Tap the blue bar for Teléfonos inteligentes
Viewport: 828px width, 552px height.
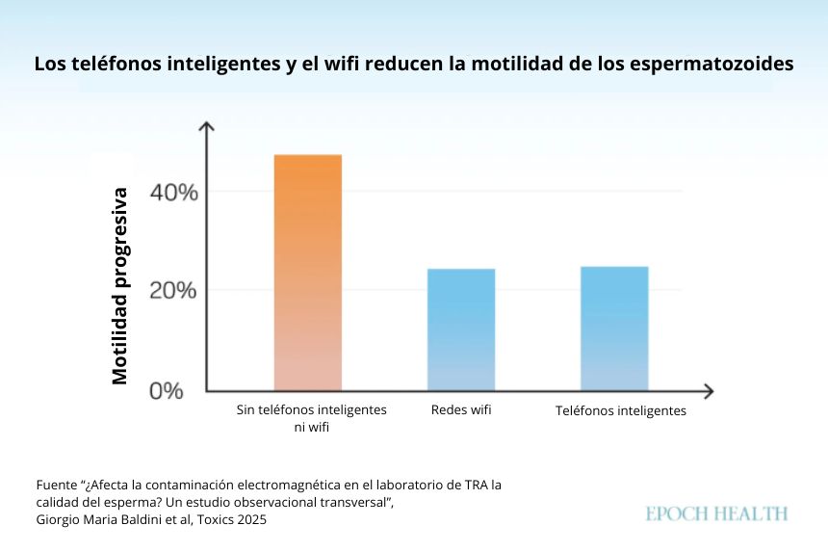614,328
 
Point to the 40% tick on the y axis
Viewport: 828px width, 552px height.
174,192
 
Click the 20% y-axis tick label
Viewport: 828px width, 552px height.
174,291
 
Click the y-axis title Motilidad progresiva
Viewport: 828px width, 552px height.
120,286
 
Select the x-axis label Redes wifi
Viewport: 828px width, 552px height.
461,410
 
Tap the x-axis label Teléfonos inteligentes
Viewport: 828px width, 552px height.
621,411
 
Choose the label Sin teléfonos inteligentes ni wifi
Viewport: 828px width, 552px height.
312,418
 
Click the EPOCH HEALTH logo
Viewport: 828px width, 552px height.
716,513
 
